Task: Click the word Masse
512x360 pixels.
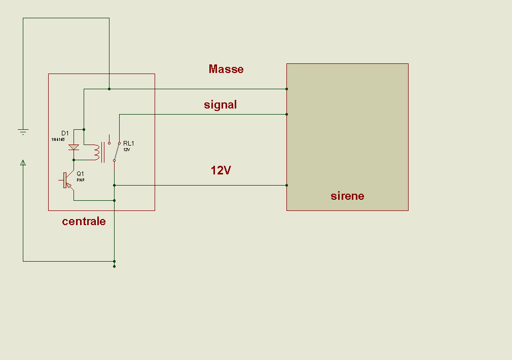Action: [x=226, y=69]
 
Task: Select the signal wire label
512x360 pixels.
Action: [x=221, y=105]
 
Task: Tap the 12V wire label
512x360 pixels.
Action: [x=221, y=171]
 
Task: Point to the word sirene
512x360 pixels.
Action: [x=347, y=196]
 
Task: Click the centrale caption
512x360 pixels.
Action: [x=84, y=221]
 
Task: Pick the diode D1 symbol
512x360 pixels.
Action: [x=74, y=148]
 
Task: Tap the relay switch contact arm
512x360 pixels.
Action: [x=117, y=152]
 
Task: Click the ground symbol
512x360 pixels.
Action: [x=23, y=132]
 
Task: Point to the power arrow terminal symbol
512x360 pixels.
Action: [x=23, y=163]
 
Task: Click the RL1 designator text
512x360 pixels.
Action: [x=128, y=143]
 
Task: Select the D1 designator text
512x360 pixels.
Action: [x=65, y=133]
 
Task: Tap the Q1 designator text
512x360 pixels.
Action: [x=80, y=173]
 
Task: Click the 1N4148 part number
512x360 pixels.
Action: [x=58, y=139]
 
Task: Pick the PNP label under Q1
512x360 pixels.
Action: [x=80, y=180]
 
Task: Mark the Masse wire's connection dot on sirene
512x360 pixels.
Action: [x=286, y=89]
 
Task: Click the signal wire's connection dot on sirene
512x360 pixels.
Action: [x=286, y=114]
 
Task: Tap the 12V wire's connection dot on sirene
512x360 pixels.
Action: [x=286, y=185]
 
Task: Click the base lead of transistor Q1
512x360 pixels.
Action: [x=61, y=180]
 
